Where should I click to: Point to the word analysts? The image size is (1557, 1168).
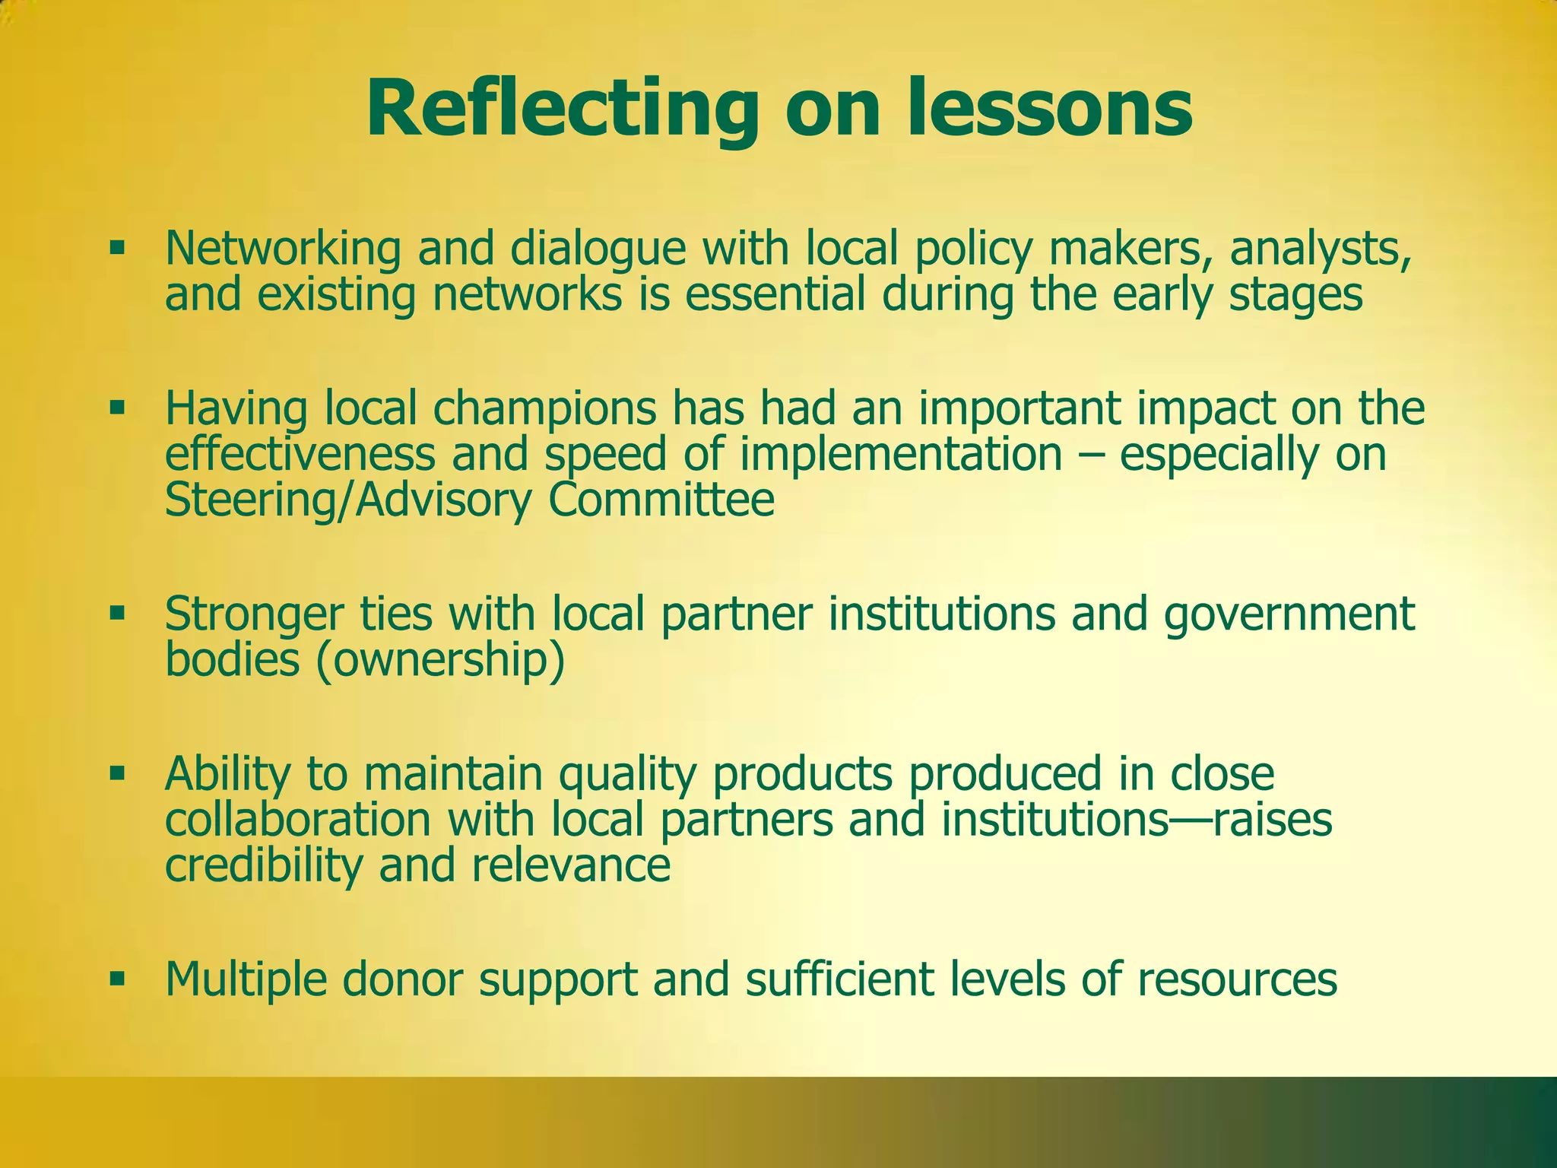coord(1321,249)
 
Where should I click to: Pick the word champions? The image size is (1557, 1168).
coord(544,408)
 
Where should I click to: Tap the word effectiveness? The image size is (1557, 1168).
coord(300,454)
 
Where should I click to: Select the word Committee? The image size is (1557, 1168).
coord(661,500)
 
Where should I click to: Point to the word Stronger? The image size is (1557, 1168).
coord(254,614)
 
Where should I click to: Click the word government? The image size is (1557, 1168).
coord(1289,614)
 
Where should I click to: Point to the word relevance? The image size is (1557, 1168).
coord(570,865)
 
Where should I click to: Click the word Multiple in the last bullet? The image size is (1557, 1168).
coord(241,979)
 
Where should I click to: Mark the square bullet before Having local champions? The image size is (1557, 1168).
coord(116,408)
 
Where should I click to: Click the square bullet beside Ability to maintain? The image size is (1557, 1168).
coord(116,773)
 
